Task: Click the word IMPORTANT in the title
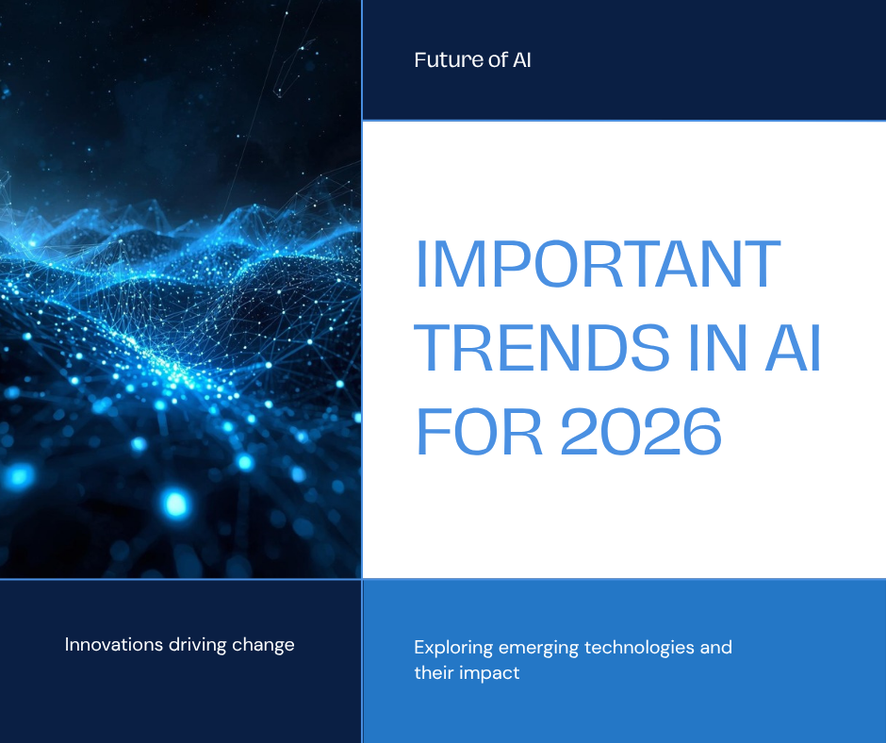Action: click(x=599, y=263)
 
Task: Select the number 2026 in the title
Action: click(x=641, y=432)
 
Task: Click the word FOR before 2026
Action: click(x=479, y=432)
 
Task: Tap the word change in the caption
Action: click(x=263, y=645)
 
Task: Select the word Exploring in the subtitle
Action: click(x=453, y=648)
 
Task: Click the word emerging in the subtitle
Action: click(x=538, y=648)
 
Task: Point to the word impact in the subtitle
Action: click(x=489, y=674)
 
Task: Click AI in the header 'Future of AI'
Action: click(x=521, y=60)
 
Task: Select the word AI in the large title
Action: click(x=793, y=348)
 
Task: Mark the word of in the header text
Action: click(x=498, y=60)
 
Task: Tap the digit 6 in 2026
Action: click(x=702, y=432)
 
